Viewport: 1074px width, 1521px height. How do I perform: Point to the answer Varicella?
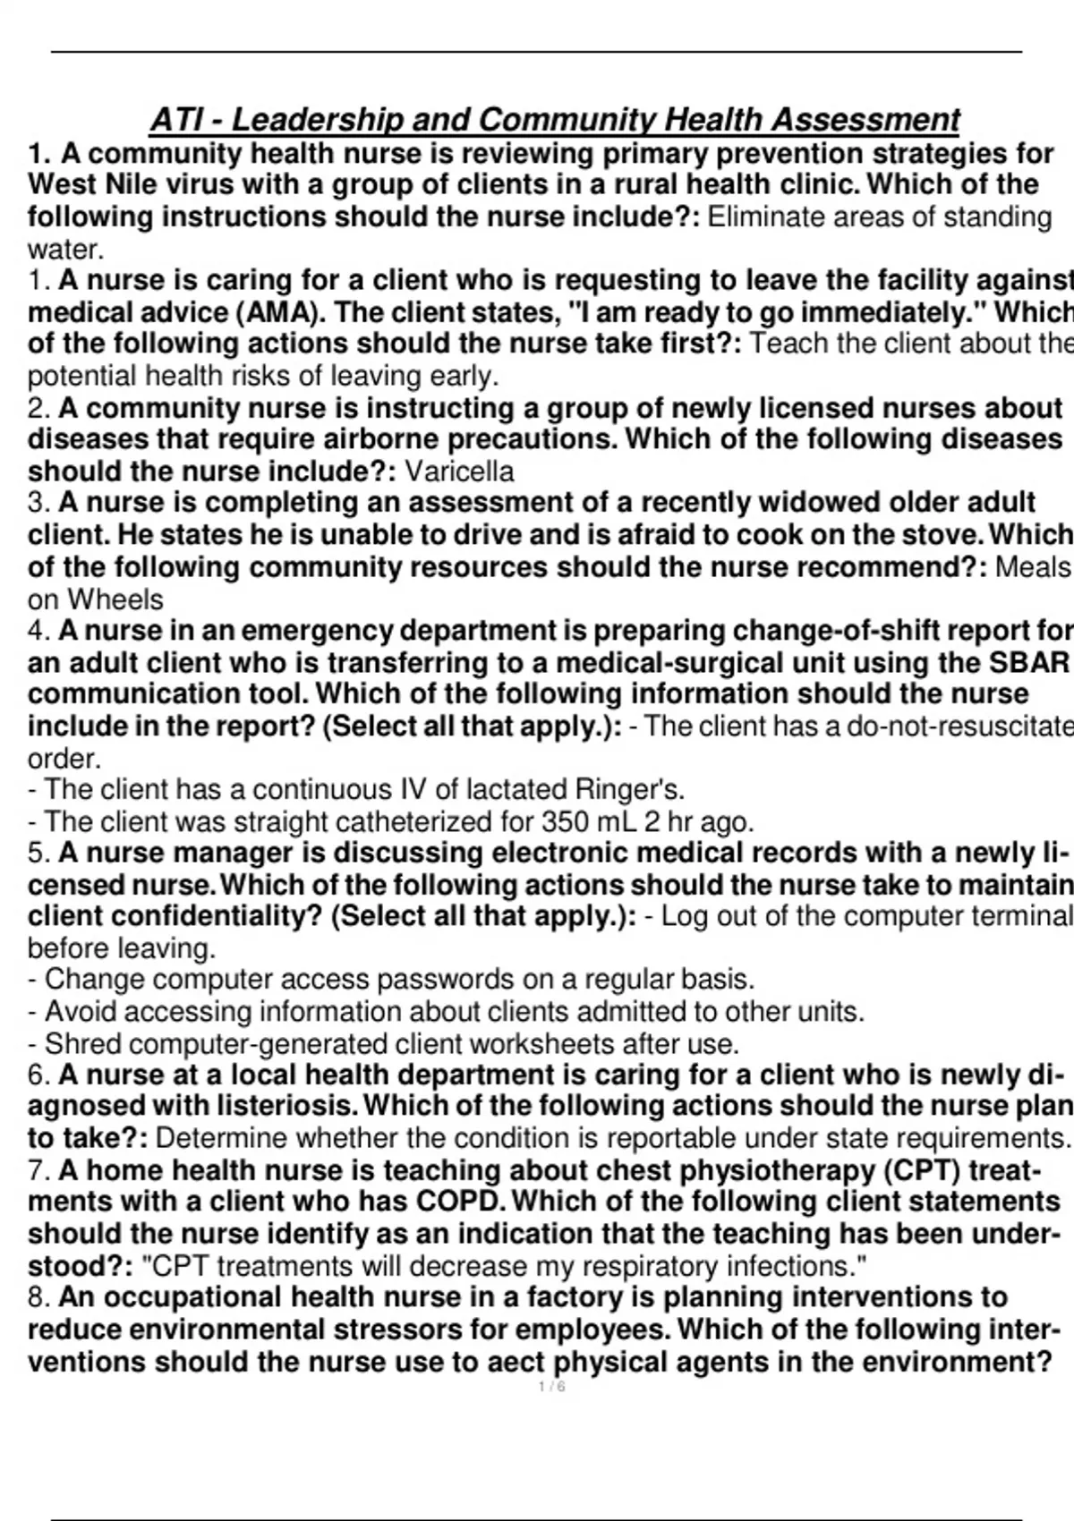click(459, 472)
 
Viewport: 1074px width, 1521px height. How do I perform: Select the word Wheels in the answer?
click(115, 599)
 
